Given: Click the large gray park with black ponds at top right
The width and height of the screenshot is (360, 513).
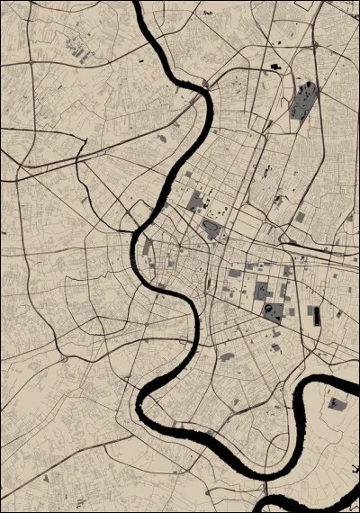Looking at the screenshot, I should click(x=304, y=101).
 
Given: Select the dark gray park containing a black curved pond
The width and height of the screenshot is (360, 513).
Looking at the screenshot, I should click(x=272, y=312).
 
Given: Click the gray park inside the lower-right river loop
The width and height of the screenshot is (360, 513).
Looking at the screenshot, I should click(x=337, y=404).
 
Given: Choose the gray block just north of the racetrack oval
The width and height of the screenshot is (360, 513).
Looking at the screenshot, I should click(x=196, y=200).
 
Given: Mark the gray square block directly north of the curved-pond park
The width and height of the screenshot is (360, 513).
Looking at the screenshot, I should click(x=261, y=290).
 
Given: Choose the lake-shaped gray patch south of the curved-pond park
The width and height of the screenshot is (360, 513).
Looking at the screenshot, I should click(x=227, y=355).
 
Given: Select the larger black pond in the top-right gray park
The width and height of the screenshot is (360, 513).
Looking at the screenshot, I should click(x=309, y=89).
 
